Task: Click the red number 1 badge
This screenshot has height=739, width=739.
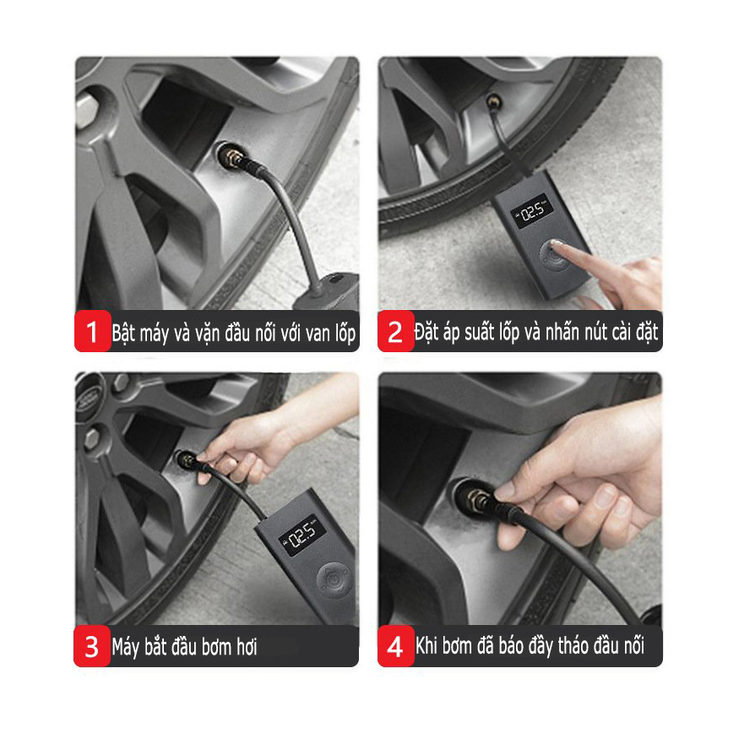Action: click(92, 331)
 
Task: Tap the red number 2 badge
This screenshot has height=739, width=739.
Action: click(395, 331)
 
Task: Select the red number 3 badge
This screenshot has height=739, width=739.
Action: click(92, 646)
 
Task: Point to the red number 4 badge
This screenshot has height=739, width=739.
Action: click(395, 646)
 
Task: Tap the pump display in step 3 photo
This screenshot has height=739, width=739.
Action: click(302, 535)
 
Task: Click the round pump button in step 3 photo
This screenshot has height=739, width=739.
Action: click(334, 579)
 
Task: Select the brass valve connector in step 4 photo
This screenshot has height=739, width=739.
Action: click(476, 500)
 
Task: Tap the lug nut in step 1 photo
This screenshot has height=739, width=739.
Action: click(84, 110)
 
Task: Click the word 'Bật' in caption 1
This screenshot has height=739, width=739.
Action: click(123, 333)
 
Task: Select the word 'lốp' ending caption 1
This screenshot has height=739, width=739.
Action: click(345, 333)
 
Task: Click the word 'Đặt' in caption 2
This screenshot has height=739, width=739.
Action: click(427, 332)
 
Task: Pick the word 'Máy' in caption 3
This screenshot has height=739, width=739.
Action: click(125, 648)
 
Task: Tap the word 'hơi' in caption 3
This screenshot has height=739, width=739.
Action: click(247, 646)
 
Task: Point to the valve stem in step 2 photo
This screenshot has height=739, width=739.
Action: click(493, 101)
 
